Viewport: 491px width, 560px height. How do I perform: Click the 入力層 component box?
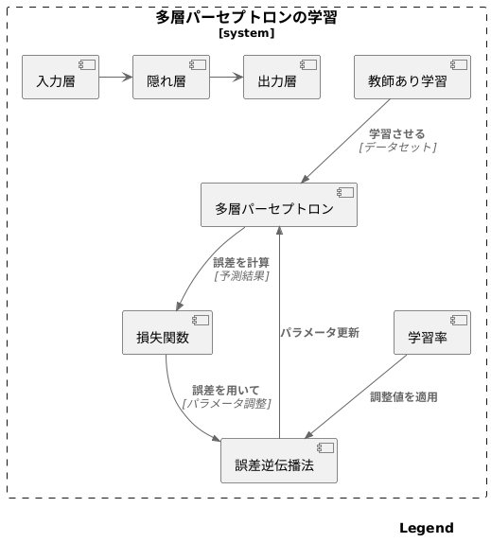coord(61,78)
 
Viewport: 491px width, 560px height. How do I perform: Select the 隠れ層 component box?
coord(171,78)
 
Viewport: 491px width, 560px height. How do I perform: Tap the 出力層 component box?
coord(282,78)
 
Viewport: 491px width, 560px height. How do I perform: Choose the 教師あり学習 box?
coord(412,78)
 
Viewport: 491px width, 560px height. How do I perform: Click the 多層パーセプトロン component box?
coord(279,205)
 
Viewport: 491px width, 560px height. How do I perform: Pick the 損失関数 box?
coord(167,333)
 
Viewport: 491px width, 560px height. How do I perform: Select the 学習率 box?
coord(431,333)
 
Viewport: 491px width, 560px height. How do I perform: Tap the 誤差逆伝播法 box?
coord(279,461)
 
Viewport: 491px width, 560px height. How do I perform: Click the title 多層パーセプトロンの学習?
coord(246,17)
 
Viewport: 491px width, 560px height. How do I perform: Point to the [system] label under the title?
coord(246,33)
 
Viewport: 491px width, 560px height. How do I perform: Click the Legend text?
coord(426,529)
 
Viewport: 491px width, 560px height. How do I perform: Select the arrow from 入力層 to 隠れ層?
coord(115,78)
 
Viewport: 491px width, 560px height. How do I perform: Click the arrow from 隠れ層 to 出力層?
coord(226,78)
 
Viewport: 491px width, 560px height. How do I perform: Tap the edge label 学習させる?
coord(397,133)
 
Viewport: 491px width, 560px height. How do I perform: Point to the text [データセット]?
coord(397,147)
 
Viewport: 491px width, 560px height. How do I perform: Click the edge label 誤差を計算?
coord(241,262)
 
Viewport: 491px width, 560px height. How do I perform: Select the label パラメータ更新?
coord(320,333)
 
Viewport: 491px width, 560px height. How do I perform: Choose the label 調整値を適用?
coord(404,397)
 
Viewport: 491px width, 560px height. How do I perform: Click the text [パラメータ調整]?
coord(226,404)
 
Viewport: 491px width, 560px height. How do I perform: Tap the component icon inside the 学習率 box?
coord(459,320)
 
